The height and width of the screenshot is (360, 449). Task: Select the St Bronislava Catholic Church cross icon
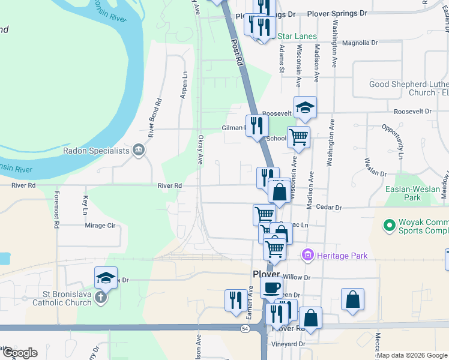pyautogui.click(x=101, y=296)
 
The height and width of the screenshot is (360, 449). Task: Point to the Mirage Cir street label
pyautogui.click(x=100, y=226)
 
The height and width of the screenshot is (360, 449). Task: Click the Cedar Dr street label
pyautogui.click(x=328, y=208)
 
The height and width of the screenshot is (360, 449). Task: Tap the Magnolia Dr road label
pyautogui.click(x=359, y=43)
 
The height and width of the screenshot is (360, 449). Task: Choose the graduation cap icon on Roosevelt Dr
pyautogui.click(x=305, y=106)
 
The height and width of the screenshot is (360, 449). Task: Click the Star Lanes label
pyautogui.click(x=296, y=37)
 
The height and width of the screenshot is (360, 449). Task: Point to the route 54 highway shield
pyautogui.click(x=244, y=328)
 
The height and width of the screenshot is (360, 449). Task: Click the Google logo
pyautogui.click(x=19, y=353)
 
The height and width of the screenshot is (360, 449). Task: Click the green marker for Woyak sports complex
pyautogui.click(x=389, y=226)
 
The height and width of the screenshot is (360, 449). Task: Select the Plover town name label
pyautogui.click(x=266, y=274)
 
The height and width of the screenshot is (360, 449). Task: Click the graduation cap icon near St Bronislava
pyautogui.click(x=106, y=277)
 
